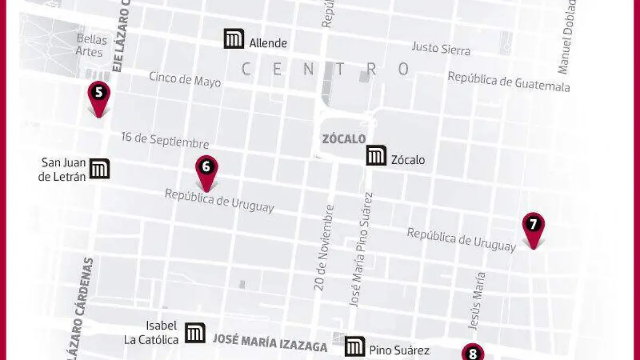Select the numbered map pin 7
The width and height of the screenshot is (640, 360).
tap(533, 226)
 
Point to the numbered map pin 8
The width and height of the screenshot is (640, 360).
tap(473, 353)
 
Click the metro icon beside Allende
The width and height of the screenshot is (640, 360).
tap(234, 39)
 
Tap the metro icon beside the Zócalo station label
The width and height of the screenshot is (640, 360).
tap(377, 155)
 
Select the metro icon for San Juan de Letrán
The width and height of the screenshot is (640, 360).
tap(100, 169)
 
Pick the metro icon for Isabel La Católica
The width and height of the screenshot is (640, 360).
tap(195, 333)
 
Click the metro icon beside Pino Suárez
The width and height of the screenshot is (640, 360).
tap(355, 347)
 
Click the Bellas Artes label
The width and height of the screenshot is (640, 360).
tap(91, 45)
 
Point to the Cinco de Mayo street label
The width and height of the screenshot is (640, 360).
tap(185, 79)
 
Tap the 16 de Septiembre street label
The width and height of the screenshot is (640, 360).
tap(165, 140)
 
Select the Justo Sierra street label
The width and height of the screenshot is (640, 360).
tap(441, 49)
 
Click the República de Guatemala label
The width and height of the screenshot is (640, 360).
tap(509, 81)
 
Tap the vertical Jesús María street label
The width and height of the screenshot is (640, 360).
tap(477, 300)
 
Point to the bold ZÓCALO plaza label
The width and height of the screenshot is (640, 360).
tap(344, 139)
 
